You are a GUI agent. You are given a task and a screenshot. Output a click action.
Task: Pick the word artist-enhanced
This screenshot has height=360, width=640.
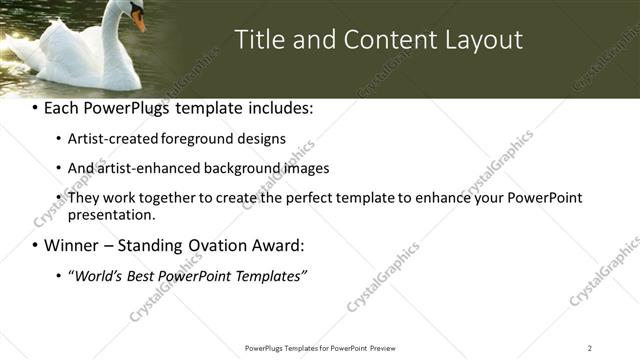(145, 168)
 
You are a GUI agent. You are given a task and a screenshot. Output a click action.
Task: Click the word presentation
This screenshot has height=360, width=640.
(111, 214)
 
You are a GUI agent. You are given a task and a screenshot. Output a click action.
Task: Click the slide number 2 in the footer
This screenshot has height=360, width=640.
(590, 348)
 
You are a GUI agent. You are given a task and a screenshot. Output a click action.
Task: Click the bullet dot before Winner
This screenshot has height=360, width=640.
(36, 246)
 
